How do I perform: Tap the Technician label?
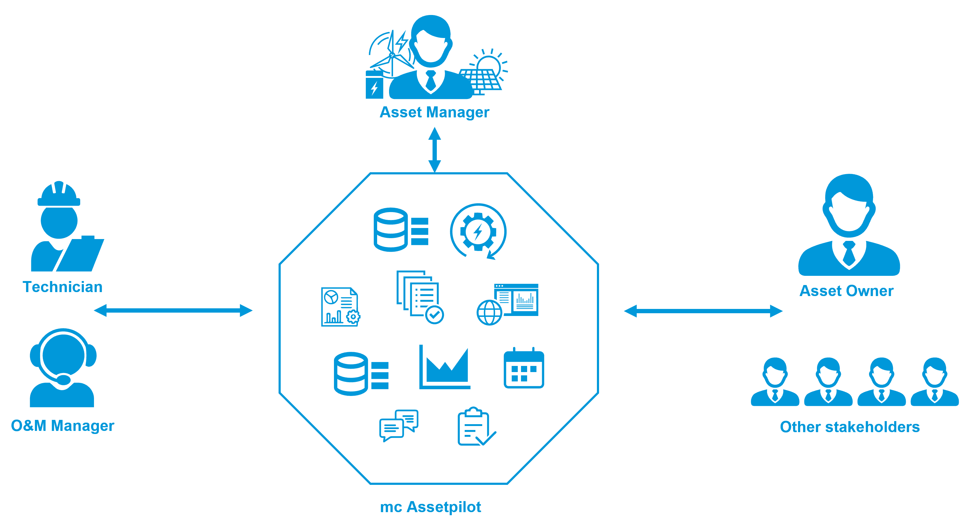(x=63, y=287)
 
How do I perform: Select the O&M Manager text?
(x=62, y=426)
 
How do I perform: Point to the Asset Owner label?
(x=846, y=291)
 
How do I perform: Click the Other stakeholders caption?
(x=849, y=427)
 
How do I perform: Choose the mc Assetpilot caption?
(x=431, y=507)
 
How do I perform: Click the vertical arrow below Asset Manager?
(x=435, y=150)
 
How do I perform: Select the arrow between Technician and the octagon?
(x=173, y=310)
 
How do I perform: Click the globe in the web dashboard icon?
(x=489, y=312)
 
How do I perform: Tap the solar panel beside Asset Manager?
(x=481, y=79)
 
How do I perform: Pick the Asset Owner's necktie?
(x=849, y=254)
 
